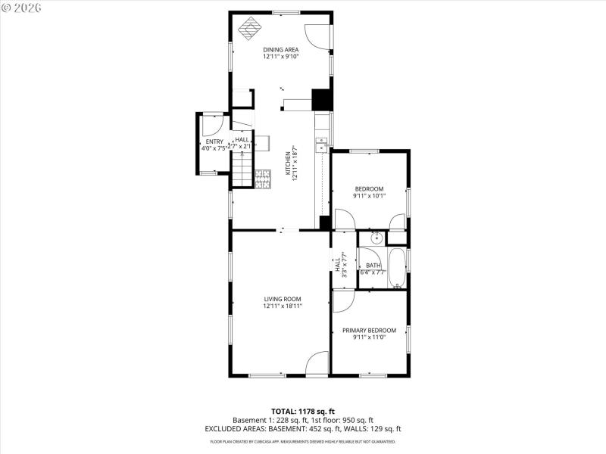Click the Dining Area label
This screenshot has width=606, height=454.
pos(281,49)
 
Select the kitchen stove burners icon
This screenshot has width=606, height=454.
pos(262,178)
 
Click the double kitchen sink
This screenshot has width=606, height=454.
pos(321,143)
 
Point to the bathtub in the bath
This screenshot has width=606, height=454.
pos(398,266)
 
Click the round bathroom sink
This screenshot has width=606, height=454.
pos(375,239)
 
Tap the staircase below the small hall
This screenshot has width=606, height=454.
pos(241,168)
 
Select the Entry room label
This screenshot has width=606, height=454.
pos(214,141)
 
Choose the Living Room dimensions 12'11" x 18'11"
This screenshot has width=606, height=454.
pos(283,306)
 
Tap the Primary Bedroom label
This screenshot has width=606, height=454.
pos(369,330)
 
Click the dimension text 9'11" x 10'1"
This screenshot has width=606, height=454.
pos(369,196)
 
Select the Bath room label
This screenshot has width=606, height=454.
pos(373,265)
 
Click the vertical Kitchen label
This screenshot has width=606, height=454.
pos(287,163)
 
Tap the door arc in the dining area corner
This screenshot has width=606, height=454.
pos(318,36)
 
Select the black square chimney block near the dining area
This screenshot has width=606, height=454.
pos(322,100)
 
